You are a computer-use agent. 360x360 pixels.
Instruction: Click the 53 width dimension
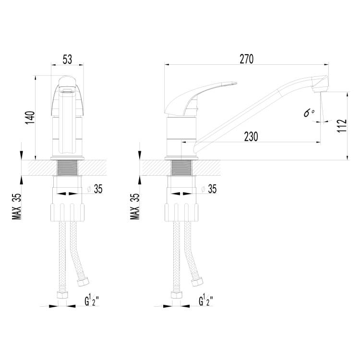(67, 59)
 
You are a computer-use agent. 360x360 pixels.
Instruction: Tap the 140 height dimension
(30, 118)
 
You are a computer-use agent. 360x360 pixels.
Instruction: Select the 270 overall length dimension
(247, 59)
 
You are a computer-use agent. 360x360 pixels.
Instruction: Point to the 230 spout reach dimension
(251, 137)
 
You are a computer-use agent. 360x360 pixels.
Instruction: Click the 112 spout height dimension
(342, 126)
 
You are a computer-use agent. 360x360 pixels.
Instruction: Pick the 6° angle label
(309, 113)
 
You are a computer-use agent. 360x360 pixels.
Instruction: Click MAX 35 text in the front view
(17, 206)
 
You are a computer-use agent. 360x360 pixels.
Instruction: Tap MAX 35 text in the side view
(135, 206)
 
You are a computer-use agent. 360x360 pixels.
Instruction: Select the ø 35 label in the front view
(95, 189)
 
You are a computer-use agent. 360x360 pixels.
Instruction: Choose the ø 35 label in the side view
(209, 189)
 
